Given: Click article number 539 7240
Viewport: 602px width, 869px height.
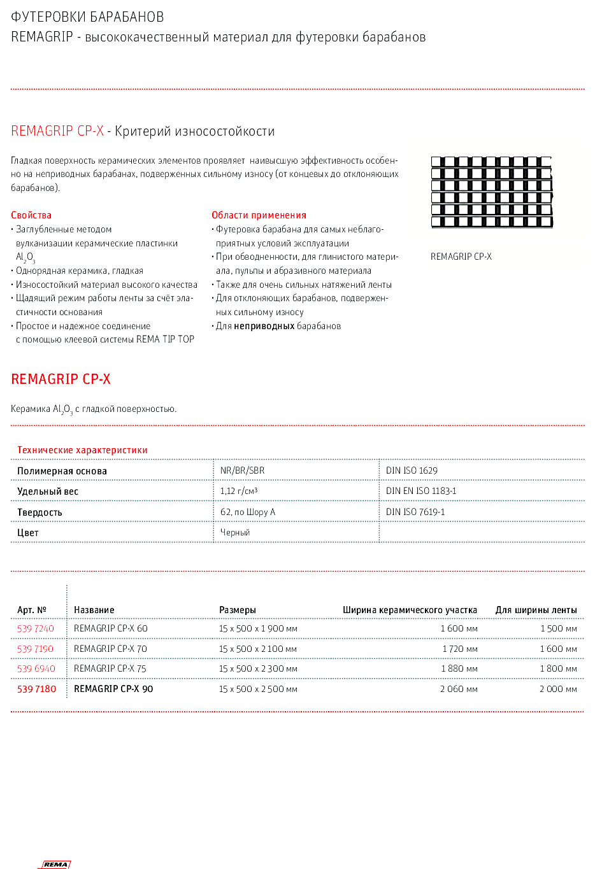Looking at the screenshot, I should click(36, 628).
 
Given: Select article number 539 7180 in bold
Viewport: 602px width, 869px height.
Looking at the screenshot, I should click(36, 689).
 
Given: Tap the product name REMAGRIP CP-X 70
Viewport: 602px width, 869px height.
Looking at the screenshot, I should click(110, 649).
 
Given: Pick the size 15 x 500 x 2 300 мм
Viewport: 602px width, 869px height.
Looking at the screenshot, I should click(258, 668).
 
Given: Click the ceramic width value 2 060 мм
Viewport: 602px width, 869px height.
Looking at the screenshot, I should click(459, 689).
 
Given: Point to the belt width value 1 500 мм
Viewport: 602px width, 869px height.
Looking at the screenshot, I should click(559, 628).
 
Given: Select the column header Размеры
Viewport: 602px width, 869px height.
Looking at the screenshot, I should click(238, 610).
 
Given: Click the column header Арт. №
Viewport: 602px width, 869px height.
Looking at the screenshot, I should click(32, 610).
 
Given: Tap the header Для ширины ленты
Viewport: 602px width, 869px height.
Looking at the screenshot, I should click(536, 610).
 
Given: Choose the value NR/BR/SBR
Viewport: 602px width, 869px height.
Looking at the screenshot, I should click(242, 470).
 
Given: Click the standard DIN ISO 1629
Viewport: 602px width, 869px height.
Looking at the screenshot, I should click(412, 470).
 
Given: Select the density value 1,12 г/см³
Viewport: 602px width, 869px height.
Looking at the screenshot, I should click(239, 491).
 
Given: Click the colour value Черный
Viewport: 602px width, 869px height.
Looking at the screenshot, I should click(235, 532).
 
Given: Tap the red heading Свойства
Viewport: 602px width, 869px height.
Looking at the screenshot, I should click(31, 215).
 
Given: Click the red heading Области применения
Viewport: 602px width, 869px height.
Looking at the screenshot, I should click(259, 215).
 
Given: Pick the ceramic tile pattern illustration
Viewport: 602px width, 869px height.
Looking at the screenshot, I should click(492, 192).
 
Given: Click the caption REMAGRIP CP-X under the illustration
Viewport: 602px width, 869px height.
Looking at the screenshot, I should click(461, 257).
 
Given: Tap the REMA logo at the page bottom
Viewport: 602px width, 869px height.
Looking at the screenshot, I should click(55, 864).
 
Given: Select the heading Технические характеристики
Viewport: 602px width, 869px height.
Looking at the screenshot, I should click(82, 450).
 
